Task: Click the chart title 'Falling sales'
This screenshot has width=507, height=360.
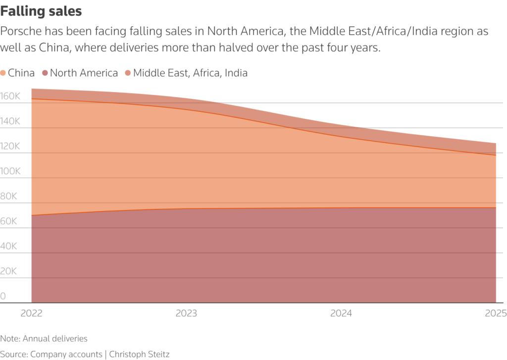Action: pos(41,10)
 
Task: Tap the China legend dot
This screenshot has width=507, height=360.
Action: pos(3,73)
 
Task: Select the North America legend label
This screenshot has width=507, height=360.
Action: pos(84,73)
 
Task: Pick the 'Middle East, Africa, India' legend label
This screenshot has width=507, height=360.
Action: pos(190,73)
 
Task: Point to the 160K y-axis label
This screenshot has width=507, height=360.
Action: pos(10,96)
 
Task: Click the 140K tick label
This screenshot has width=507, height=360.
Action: pos(10,121)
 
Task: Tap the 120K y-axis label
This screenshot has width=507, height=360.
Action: pos(10,147)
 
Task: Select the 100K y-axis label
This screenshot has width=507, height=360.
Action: pos(10,171)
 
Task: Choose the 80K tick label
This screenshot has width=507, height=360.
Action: pos(8,197)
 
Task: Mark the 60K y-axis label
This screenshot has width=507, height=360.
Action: pos(8,221)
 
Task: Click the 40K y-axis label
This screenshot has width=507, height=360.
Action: pos(8,247)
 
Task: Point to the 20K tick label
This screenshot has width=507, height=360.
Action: pos(8,271)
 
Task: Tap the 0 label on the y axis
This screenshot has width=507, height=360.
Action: pos(3,296)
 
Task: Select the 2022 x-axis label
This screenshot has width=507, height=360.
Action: pos(31,313)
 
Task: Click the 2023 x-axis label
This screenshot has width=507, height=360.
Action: pos(186,313)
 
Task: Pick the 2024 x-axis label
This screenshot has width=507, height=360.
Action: pos(341,313)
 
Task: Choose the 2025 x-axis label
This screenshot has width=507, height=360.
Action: pos(496,313)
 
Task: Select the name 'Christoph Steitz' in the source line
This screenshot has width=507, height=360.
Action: pos(140,354)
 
